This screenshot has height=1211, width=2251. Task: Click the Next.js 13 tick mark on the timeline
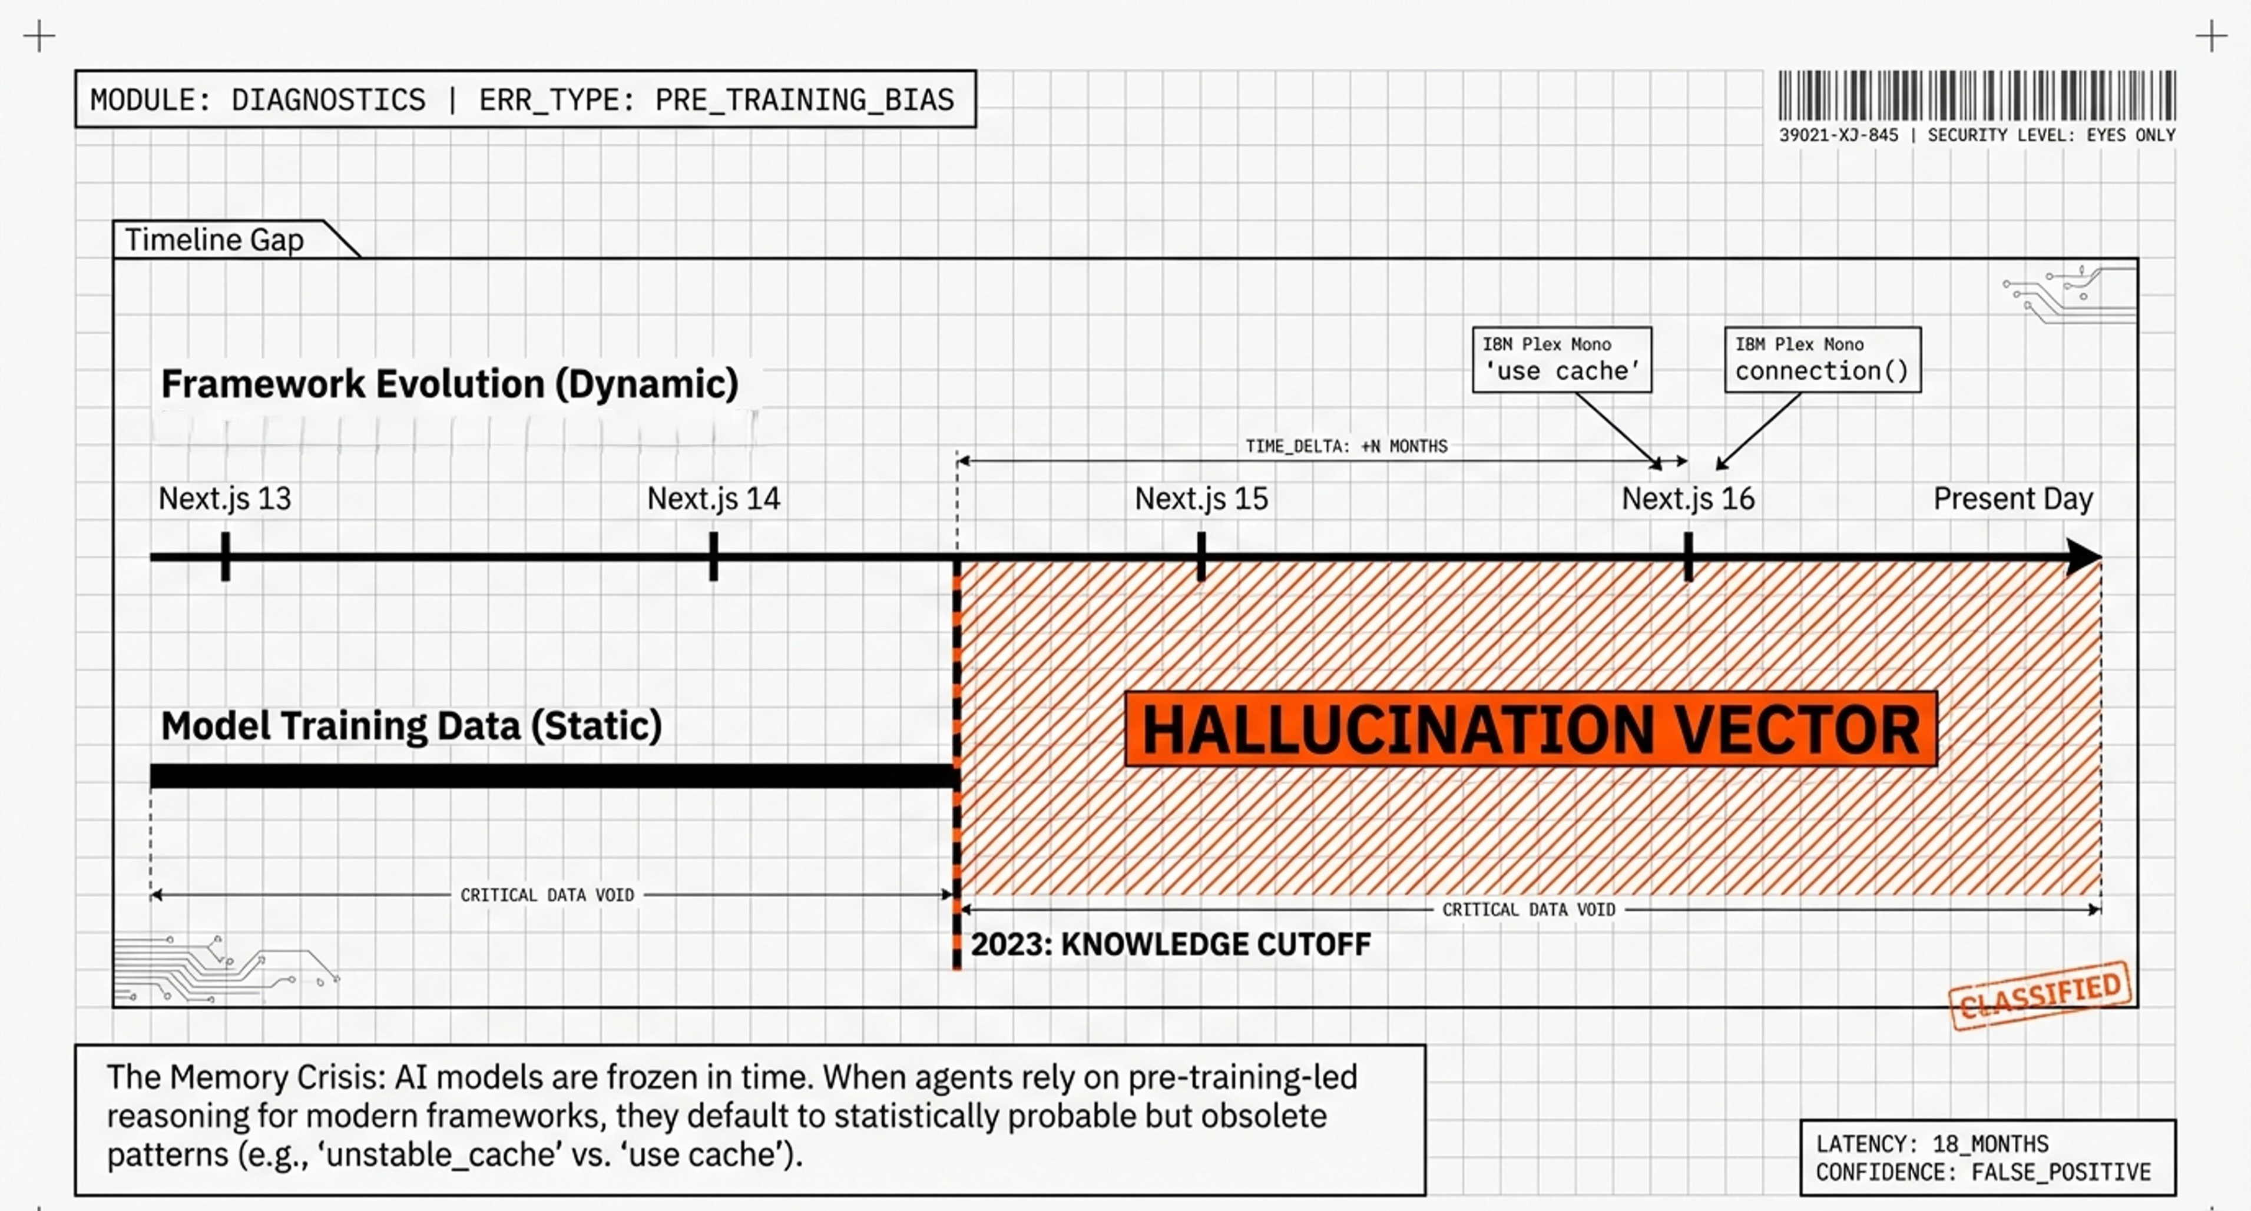[x=226, y=556]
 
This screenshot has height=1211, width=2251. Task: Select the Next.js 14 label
[x=713, y=499]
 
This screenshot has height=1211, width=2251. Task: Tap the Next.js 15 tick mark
[x=1201, y=556]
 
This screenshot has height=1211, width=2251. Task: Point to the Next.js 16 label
[x=1687, y=499]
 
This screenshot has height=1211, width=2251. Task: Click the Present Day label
[x=2012, y=499]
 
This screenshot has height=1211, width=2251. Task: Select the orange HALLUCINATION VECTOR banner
[x=1530, y=729]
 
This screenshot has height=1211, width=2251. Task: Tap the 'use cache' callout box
[x=1561, y=360]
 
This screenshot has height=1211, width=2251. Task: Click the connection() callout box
[x=1822, y=360]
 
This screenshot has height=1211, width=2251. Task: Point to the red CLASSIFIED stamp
[x=2040, y=996]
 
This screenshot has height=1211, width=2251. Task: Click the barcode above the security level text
[x=1977, y=96]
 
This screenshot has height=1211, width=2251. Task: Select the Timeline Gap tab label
[x=214, y=240]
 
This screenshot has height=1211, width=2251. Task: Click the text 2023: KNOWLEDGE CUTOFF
[x=1170, y=944]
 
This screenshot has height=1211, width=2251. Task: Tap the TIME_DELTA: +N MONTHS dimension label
[x=1346, y=446]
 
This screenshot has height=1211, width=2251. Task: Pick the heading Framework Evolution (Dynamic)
[x=450, y=384]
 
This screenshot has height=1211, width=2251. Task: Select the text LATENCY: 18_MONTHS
[x=1931, y=1144]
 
